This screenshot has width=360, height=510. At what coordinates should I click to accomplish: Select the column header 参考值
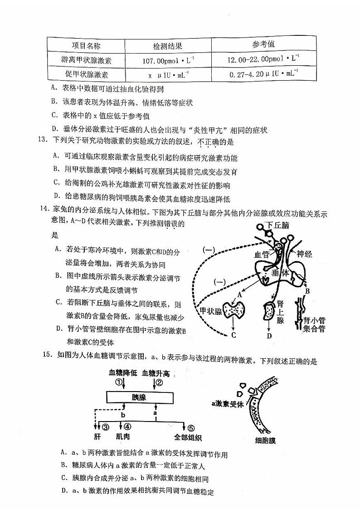coord(263,44)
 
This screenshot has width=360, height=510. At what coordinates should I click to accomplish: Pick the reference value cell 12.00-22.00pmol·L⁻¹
coord(263,59)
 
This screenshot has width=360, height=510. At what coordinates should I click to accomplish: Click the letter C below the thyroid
coord(234,335)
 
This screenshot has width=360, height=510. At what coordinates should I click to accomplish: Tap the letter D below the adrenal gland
coord(269,336)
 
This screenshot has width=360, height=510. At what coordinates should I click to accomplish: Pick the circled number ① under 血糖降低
coord(119,382)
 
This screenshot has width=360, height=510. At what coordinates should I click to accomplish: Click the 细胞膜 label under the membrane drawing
coord(265,440)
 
